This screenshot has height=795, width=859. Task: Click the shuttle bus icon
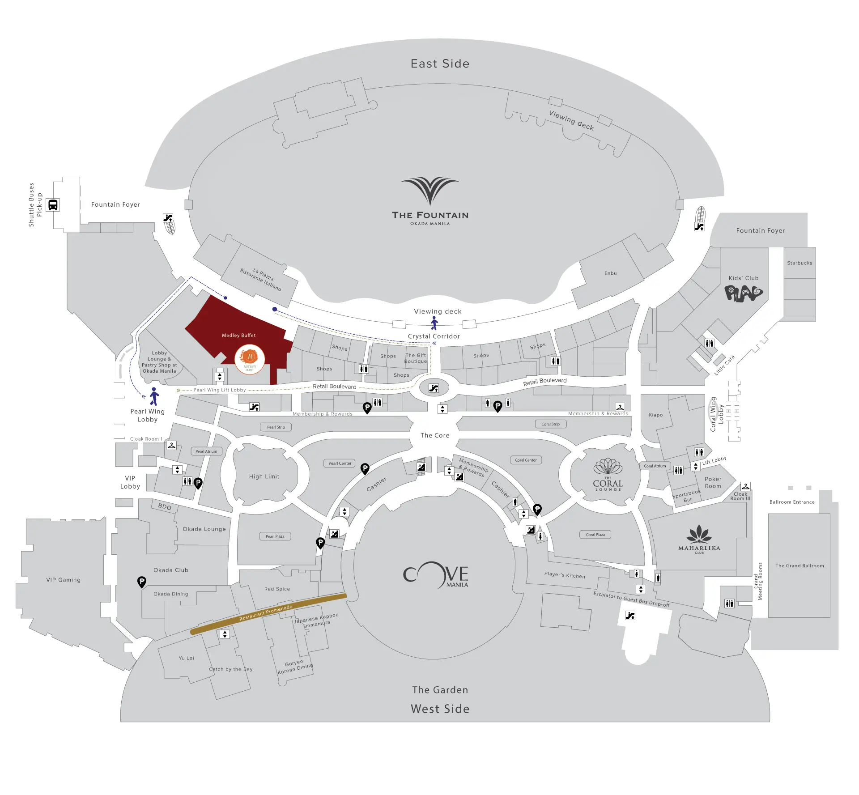point(53,205)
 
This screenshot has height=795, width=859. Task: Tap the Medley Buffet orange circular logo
point(250,359)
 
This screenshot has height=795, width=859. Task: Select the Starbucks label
point(799,263)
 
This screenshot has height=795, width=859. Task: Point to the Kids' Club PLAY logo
point(743,293)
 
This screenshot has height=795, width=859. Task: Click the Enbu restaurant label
point(610,273)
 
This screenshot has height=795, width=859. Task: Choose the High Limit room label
point(264,476)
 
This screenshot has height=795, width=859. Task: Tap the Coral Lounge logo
point(608,475)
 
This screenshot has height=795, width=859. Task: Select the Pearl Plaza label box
point(275,536)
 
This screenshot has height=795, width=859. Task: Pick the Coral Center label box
point(526,460)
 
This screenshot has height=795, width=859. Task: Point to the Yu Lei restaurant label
point(187,658)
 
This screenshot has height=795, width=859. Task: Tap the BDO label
point(165,506)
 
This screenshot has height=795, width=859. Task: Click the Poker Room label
point(713,482)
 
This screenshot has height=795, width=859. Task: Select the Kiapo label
point(656,415)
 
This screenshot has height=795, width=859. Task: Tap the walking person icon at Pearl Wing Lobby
point(154,396)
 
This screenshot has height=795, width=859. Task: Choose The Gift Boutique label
point(416,358)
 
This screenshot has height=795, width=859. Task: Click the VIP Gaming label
point(64,580)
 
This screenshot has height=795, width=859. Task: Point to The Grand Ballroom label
point(799,565)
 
